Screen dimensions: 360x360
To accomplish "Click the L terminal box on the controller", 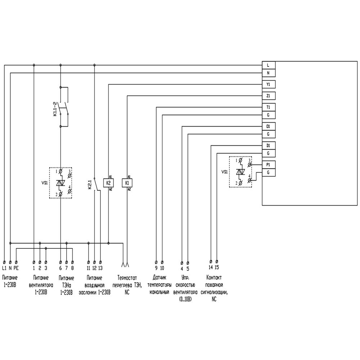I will point(269,65).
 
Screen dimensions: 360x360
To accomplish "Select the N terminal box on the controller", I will point(269,73).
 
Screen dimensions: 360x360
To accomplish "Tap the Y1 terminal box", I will point(269,85).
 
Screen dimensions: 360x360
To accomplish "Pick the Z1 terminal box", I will point(269,96).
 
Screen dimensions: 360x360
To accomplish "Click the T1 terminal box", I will point(269,107).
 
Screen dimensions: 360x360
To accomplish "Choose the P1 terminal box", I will point(269,165).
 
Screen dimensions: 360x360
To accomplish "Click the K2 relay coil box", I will point(109,183).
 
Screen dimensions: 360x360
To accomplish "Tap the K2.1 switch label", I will point(90,184).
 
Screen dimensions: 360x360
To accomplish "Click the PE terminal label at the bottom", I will point(16,268).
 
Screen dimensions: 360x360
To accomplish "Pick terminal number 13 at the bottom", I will point(100,268).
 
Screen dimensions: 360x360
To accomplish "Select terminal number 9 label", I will point(156,268).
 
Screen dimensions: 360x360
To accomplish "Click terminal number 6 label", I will point(60,268).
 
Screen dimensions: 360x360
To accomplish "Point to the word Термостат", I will point(127,278).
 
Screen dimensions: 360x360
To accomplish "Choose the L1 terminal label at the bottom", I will point(4,268).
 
